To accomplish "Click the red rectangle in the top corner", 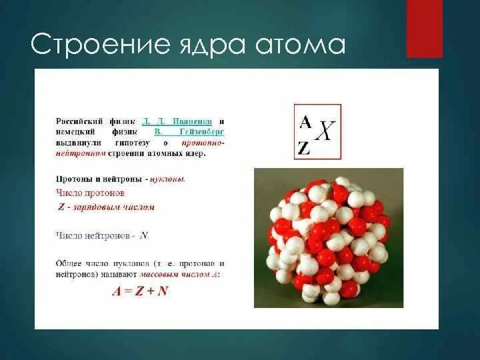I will coord(425,29).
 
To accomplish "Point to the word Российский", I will coord(79,122).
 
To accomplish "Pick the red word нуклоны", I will coord(167,179).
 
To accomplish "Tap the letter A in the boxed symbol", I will coord(305,121).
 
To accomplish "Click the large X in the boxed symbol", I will coord(324,131).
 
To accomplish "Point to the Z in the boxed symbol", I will coord(305,149).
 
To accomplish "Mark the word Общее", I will coord(70,263).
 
